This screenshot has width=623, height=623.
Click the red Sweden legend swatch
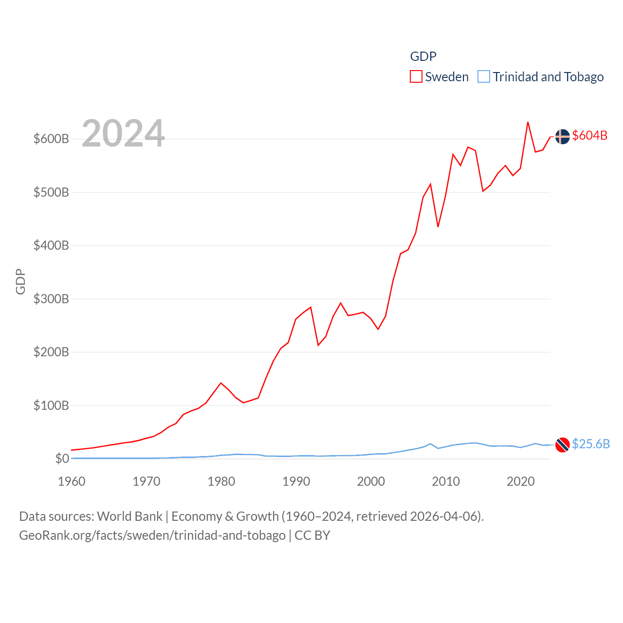(416, 77)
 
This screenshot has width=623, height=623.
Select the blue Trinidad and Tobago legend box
(483, 77)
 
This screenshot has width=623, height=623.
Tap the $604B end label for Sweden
(589, 135)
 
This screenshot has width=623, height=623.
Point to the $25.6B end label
(591, 444)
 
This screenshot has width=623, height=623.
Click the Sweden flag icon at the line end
(562, 137)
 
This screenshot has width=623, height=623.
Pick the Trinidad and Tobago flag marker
(562, 445)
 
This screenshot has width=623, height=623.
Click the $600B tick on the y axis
(51, 139)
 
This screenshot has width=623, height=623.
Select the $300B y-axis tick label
(51, 299)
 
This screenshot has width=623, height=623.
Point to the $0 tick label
(62, 458)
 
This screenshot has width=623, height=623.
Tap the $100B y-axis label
(51, 405)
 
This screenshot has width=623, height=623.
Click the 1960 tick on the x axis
(72, 481)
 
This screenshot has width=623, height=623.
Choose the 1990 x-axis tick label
(296, 481)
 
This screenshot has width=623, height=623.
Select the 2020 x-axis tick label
(520, 481)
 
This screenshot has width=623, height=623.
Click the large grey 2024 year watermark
(123, 133)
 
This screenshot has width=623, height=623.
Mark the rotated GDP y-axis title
(20, 281)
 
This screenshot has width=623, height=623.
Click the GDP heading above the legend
(423, 56)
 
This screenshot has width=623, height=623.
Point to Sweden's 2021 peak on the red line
(528, 122)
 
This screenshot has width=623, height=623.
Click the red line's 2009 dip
(438, 226)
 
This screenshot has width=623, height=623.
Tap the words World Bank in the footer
(130, 516)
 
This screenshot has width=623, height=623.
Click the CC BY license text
(312, 535)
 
